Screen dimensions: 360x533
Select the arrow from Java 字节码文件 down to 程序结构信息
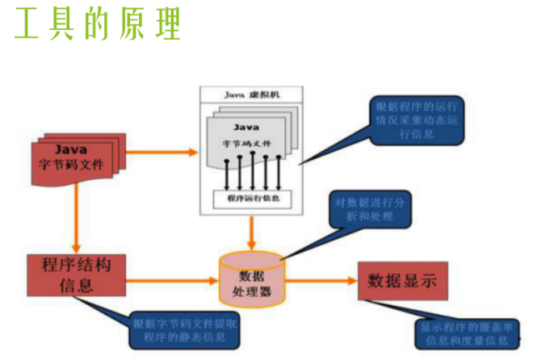[x=76, y=212]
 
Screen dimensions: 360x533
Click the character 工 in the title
[x=27, y=26]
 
